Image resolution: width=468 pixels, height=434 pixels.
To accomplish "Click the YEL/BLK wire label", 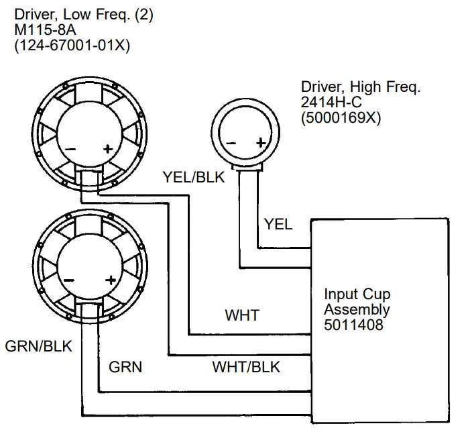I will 194,177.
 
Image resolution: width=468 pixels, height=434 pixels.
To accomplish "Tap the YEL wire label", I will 278,224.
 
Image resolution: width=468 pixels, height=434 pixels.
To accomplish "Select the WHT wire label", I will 242,315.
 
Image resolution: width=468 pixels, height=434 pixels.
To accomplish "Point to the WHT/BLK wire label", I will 246,367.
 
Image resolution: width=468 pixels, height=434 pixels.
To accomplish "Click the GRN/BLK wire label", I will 38,346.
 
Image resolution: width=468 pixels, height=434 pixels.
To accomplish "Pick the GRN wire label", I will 125,367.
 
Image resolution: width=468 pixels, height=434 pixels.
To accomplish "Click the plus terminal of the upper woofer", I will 107,149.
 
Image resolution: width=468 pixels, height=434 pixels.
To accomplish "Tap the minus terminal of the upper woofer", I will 70,149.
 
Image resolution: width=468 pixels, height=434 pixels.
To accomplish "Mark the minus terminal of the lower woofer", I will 69,280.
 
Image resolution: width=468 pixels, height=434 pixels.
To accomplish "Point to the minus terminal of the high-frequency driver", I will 231,143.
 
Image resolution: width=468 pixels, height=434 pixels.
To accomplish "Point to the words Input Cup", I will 357,294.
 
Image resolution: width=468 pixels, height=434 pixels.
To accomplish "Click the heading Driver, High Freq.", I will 361,87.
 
